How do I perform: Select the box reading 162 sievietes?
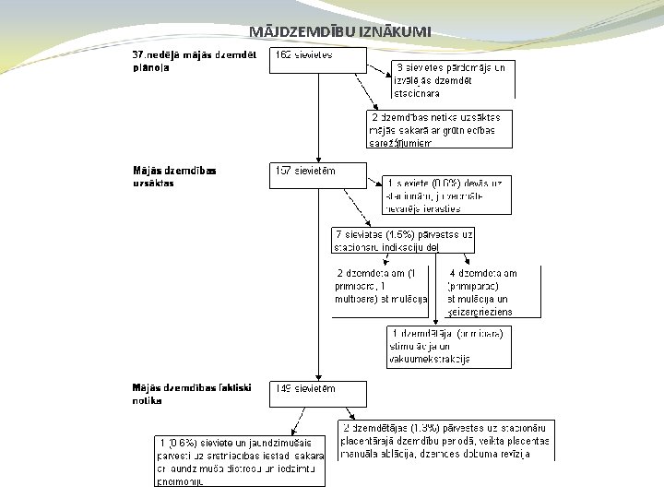(x=317, y=61)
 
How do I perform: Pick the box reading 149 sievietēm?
(x=317, y=394)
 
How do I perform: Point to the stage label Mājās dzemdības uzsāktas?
(x=175, y=176)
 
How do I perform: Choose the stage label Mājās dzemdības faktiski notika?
(x=190, y=394)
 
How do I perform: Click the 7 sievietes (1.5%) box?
(x=404, y=240)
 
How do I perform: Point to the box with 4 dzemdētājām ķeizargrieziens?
(x=492, y=291)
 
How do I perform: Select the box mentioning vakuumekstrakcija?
(x=448, y=346)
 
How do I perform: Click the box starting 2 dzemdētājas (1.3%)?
(x=446, y=441)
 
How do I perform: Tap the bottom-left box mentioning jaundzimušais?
(x=242, y=461)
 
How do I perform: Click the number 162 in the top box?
(x=284, y=54)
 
